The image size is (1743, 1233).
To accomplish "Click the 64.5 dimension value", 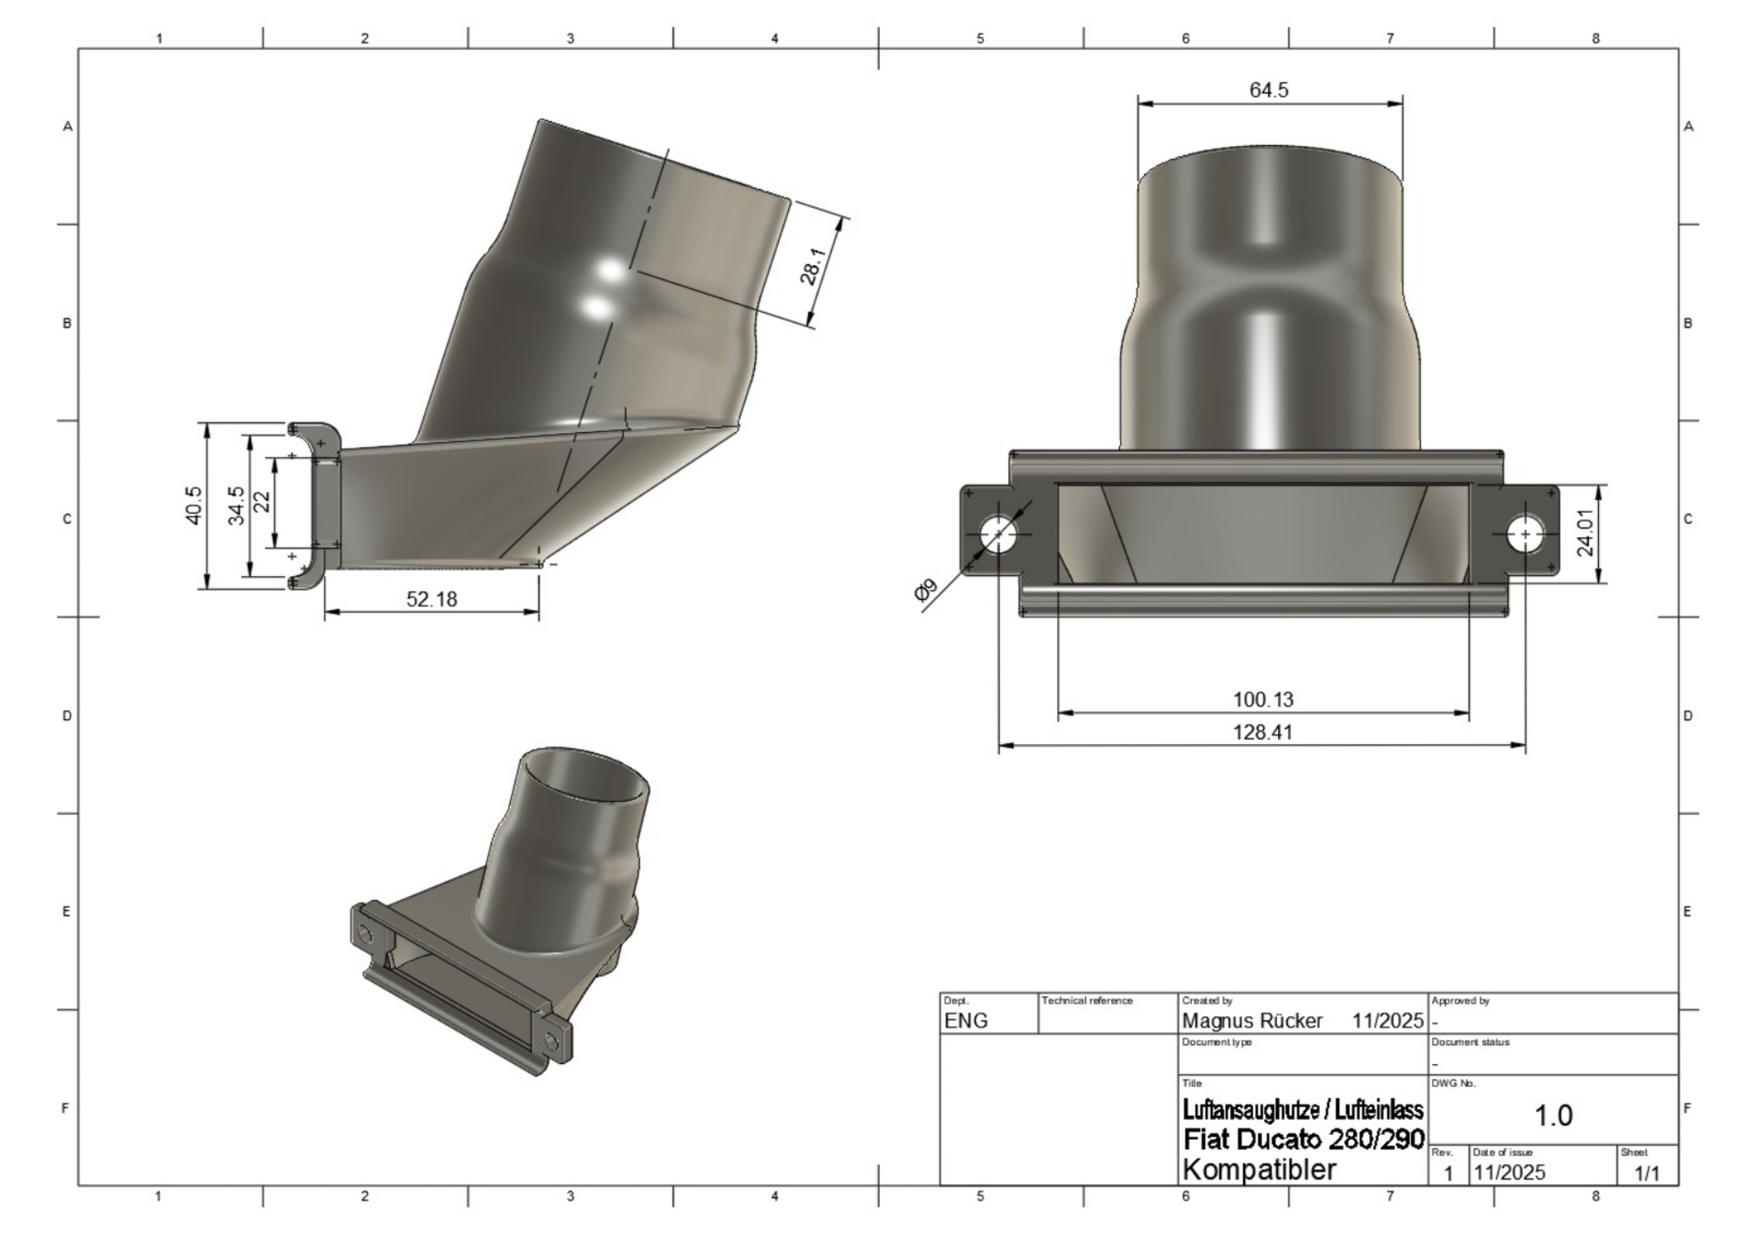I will [1269, 90].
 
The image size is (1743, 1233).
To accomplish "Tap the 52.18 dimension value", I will [431, 599].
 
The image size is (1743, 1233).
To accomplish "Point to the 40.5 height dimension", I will [194, 505].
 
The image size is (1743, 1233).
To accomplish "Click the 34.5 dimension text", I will [237, 505].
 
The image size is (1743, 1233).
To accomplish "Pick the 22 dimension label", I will [262, 503].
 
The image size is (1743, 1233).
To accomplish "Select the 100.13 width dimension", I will [1262, 700].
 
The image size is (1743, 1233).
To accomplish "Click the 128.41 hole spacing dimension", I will [1262, 732].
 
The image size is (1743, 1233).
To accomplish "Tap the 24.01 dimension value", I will [1585, 532].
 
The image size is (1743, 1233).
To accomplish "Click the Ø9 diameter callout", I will [927, 590].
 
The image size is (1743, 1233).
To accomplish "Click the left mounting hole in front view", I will [998, 534].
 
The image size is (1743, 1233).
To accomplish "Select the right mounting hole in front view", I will [1525, 534].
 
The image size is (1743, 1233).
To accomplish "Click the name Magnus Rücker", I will [1252, 1021].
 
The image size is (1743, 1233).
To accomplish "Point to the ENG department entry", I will [966, 1021].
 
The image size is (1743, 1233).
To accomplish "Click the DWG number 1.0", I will [1553, 1116].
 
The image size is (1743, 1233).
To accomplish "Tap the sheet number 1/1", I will [1647, 1172].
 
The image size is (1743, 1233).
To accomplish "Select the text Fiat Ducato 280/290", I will [1304, 1139].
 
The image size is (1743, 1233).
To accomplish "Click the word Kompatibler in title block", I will [1260, 1170].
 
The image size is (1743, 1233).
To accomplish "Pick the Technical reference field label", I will [1087, 1001].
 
